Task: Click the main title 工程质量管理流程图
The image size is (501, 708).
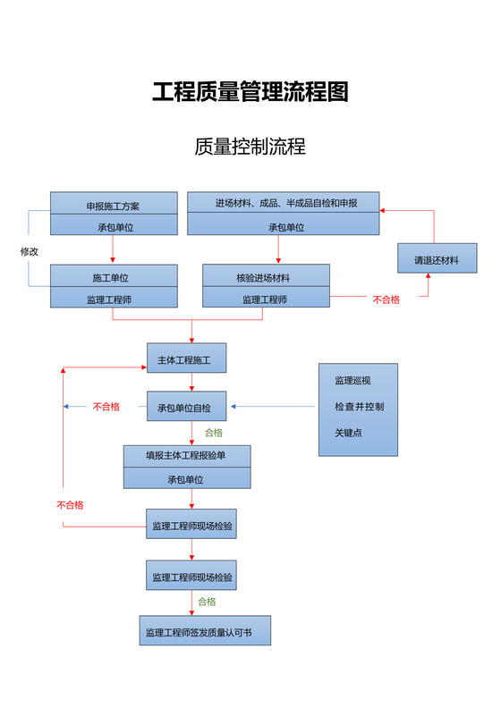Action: pos(250,92)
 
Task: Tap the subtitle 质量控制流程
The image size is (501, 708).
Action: pos(250,147)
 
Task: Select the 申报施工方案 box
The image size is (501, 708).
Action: pos(113,206)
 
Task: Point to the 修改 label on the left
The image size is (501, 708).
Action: pos(30,251)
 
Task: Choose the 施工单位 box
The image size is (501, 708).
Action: pos(113,277)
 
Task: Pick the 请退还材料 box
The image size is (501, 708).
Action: pos(436,260)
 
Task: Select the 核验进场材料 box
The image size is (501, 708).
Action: pos(265,277)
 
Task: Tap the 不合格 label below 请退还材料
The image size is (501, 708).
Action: pos(386,299)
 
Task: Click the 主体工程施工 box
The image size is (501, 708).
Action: pos(186,358)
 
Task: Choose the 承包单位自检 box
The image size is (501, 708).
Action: pos(186,407)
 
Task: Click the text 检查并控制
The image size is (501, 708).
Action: pos(359,407)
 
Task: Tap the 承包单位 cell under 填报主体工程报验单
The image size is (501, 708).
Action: pos(186,479)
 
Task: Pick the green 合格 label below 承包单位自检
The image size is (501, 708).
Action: pos(214,433)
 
